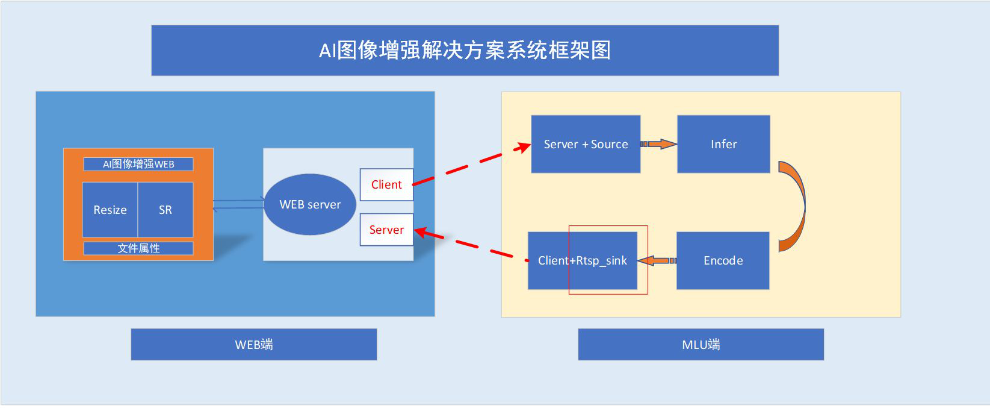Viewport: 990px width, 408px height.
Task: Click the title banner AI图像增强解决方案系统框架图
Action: click(x=465, y=50)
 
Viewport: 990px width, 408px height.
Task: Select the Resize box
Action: click(x=110, y=210)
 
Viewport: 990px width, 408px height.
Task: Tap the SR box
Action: click(x=166, y=210)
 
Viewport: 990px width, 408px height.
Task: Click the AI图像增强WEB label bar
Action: click(x=138, y=164)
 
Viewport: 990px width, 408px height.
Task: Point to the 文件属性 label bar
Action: click(x=138, y=248)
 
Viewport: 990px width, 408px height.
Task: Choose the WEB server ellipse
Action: click(x=310, y=204)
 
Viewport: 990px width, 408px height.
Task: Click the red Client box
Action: click(x=386, y=184)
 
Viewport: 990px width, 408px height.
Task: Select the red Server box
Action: click(x=386, y=230)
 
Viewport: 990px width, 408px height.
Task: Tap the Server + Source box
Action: click(x=586, y=144)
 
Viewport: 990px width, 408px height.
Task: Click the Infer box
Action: click(x=723, y=144)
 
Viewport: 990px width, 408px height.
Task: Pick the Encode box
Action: click(x=723, y=260)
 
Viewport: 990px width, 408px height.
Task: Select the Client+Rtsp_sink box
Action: click(x=582, y=260)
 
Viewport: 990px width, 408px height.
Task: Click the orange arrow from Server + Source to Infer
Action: click(x=659, y=144)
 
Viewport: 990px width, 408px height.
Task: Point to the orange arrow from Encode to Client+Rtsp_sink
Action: click(x=657, y=260)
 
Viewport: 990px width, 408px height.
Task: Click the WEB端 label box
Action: click(x=254, y=345)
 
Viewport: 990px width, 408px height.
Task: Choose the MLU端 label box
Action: click(x=701, y=345)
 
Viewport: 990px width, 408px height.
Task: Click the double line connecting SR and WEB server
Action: click(x=238, y=204)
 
